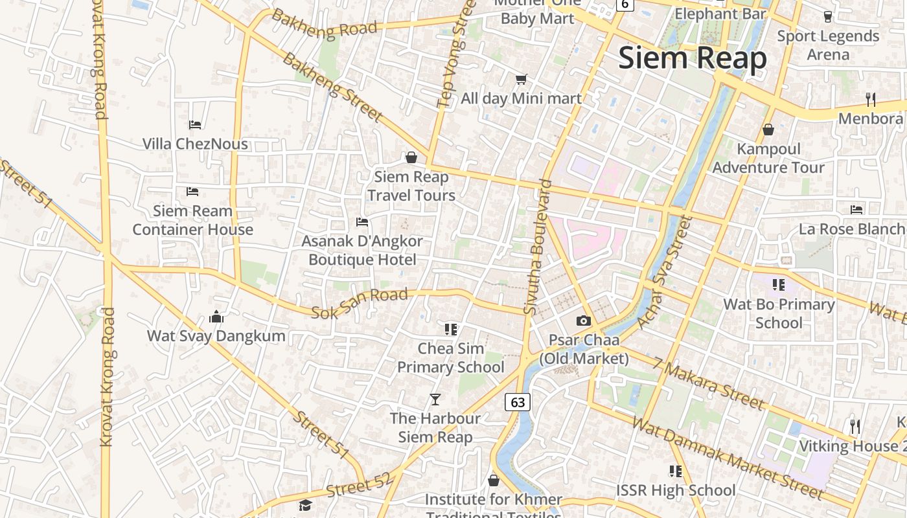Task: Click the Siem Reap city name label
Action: pyautogui.click(x=692, y=58)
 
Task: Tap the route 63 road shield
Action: pyautogui.click(x=518, y=402)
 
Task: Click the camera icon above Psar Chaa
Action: pyautogui.click(x=584, y=321)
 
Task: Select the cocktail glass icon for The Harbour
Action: pyautogui.click(x=435, y=399)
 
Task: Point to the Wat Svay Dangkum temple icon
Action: pyautogui.click(x=216, y=317)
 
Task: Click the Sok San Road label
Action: pyautogui.click(x=360, y=304)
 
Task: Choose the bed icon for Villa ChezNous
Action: pyautogui.click(x=195, y=124)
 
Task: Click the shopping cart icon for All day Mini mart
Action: pyautogui.click(x=521, y=80)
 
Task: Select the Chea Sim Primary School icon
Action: pyautogui.click(x=451, y=329)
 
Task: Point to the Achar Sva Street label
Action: pyautogui.click(x=665, y=272)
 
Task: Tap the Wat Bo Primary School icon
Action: pyautogui.click(x=778, y=284)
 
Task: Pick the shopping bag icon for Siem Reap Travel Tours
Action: pyautogui.click(x=411, y=157)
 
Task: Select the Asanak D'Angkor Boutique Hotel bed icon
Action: pyautogui.click(x=362, y=222)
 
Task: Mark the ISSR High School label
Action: pyautogui.click(x=676, y=490)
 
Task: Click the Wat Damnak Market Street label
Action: pyautogui.click(x=727, y=459)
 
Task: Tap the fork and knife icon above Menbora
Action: pyautogui.click(x=871, y=100)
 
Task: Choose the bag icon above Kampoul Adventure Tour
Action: pyautogui.click(x=768, y=129)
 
